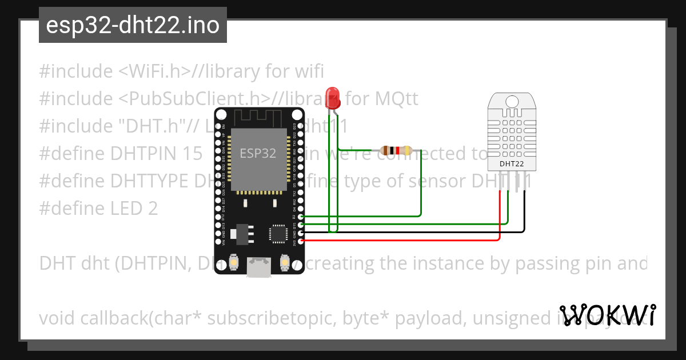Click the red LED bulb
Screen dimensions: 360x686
point(332,98)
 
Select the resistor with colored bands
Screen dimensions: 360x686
point(396,151)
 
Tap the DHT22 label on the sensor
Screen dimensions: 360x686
point(512,164)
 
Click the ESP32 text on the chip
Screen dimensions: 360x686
point(258,153)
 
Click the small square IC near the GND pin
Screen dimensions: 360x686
point(278,233)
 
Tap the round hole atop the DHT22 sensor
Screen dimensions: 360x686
point(512,101)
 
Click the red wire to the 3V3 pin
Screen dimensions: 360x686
point(400,241)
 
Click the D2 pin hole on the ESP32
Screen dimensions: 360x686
point(301,217)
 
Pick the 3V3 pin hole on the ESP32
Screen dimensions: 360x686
point(301,241)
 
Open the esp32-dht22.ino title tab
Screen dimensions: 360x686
point(133,25)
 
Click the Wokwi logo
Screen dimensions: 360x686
point(608,315)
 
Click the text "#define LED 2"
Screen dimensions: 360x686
point(98,208)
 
